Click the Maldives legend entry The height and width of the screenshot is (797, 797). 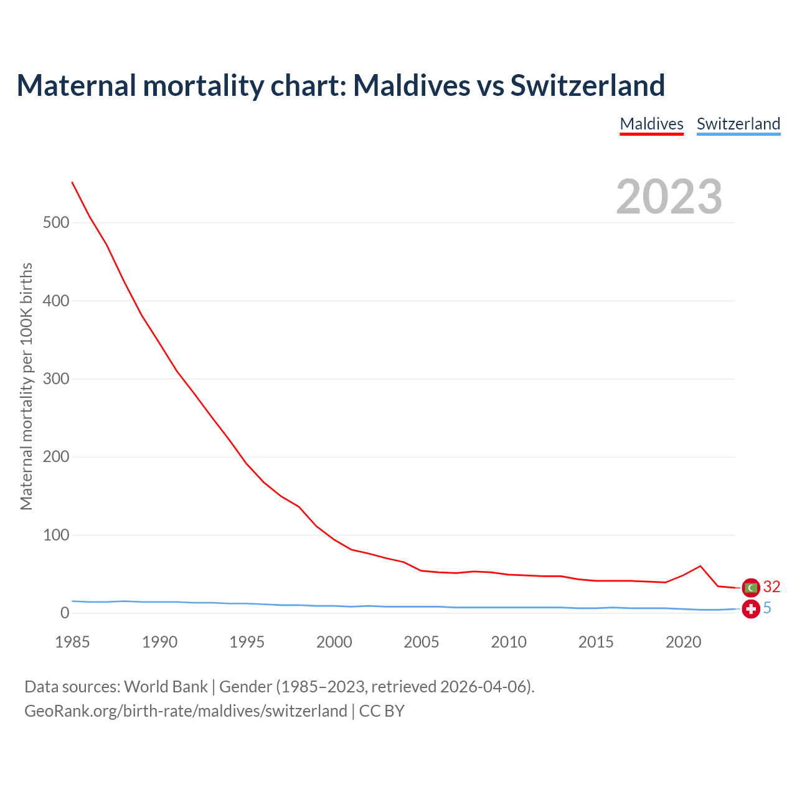[x=651, y=124]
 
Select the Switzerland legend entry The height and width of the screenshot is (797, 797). [x=738, y=124]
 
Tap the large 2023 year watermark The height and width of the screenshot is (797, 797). [x=669, y=197]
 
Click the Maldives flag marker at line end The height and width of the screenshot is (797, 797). [x=751, y=587]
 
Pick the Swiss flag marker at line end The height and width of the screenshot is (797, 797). [x=751, y=609]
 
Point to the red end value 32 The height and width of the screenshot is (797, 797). [x=771, y=587]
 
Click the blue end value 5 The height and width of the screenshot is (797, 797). [x=767, y=608]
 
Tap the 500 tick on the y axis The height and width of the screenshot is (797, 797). [x=56, y=223]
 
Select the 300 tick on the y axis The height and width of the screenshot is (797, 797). [x=56, y=379]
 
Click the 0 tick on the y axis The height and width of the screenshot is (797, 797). [x=65, y=613]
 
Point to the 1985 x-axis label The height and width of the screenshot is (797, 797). [x=72, y=642]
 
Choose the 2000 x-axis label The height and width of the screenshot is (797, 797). [x=334, y=642]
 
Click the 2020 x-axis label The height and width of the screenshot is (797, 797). [x=683, y=642]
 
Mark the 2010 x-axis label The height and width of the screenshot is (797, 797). [x=509, y=642]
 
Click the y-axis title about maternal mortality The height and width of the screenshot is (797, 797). [x=26, y=386]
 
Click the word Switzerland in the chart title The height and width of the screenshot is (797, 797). [x=588, y=85]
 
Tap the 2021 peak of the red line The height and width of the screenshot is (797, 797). [x=700, y=566]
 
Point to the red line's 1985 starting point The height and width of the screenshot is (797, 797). [x=72, y=182]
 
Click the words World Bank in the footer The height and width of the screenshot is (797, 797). [x=166, y=687]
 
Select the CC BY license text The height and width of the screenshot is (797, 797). [x=382, y=711]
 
